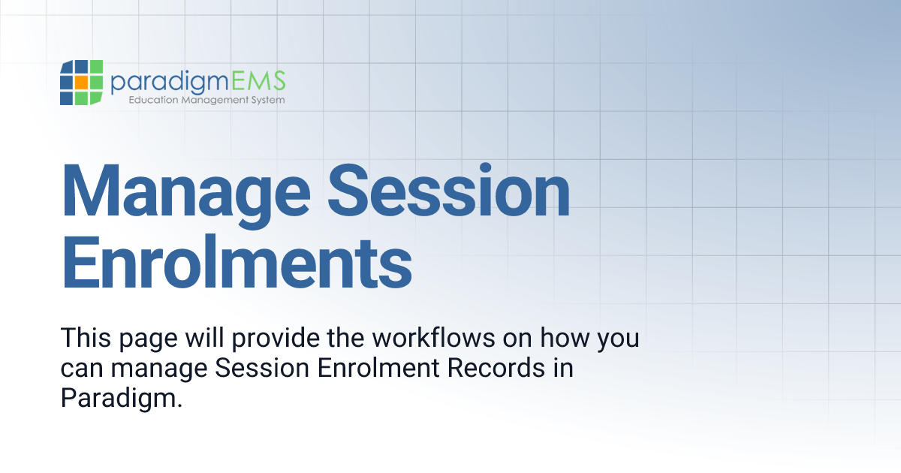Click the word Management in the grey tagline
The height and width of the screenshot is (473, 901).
(x=212, y=100)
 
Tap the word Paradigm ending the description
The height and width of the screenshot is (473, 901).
(x=122, y=398)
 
